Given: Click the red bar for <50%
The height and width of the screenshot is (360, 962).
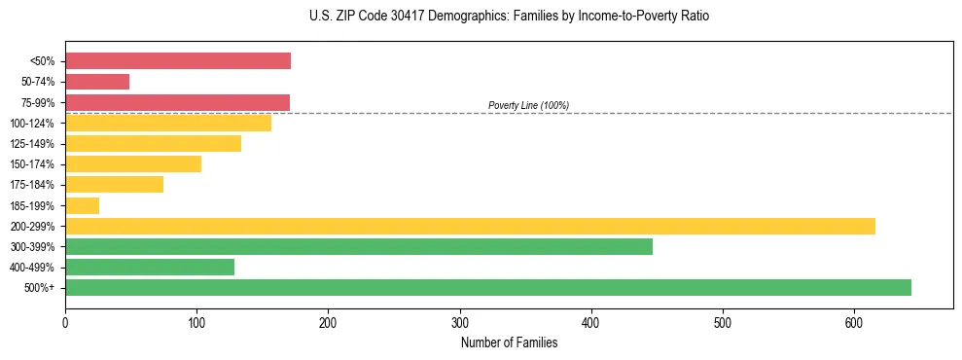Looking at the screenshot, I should pyautogui.click(x=178, y=61).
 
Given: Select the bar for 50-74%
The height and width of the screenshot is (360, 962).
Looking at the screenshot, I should pyautogui.click(x=97, y=82).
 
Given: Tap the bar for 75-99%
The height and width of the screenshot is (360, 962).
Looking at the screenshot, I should pyautogui.click(x=177, y=102).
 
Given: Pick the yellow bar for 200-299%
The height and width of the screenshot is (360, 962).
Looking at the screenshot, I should pyautogui.click(x=470, y=226).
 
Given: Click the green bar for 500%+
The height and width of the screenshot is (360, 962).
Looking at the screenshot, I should pyautogui.click(x=488, y=287).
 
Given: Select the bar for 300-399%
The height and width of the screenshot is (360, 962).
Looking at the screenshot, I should pyautogui.click(x=359, y=246).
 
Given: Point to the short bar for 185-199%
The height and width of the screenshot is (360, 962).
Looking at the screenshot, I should pyautogui.click(x=82, y=205).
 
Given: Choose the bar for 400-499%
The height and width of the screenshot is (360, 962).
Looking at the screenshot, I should pyautogui.click(x=150, y=267).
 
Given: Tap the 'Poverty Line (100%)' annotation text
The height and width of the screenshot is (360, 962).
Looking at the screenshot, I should pyautogui.click(x=528, y=105).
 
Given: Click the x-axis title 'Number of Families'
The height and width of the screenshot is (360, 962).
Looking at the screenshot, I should pyautogui.click(x=509, y=342).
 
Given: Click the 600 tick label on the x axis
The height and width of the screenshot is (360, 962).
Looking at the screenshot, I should pyautogui.click(x=854, y=323).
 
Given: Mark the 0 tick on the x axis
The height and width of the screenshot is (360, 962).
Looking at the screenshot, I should pyautogui.click(x=65, y=323).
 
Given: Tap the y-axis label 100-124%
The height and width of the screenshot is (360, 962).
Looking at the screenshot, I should pyautogui.click(x=32, y=124).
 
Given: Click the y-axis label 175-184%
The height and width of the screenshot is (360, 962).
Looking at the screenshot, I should pyautogui.click(x=32, y=185).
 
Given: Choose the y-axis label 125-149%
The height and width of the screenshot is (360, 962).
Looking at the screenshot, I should pyautogui.click(x=32, y=144).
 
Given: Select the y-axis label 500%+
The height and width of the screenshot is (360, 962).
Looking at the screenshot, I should pyautogui.click(x=39, y=288).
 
